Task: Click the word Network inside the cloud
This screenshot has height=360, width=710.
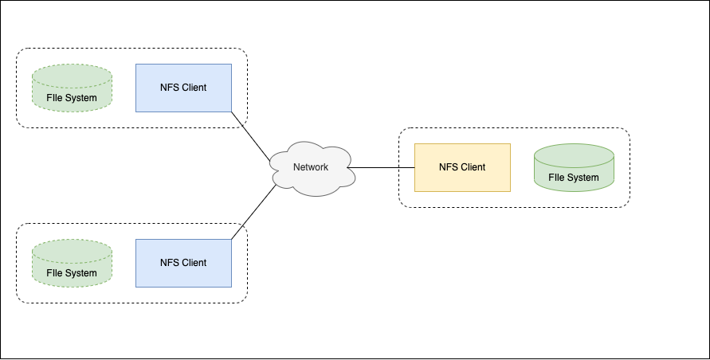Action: tap(311, 167)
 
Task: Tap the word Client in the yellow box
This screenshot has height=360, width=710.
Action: tap(473, 167)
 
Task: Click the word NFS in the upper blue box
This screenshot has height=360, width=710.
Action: tap(170, 88)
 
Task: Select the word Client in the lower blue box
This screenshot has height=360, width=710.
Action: tap(194, 263)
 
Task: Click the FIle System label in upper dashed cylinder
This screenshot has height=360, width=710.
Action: tap(72, 98)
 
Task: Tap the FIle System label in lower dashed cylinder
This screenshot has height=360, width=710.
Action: tap(72, 273)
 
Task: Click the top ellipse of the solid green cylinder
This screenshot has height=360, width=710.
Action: tap(574, 152)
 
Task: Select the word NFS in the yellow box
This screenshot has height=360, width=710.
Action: tap(449, 167)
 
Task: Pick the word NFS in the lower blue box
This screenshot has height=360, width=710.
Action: tap(170, 263)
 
